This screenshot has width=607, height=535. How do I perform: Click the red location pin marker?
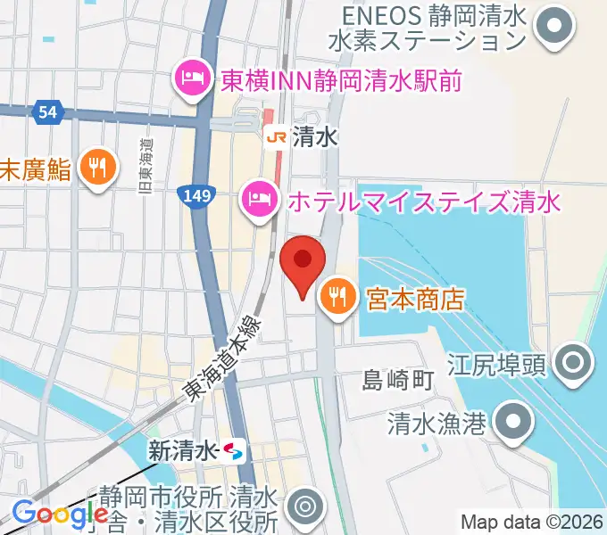[302, 259]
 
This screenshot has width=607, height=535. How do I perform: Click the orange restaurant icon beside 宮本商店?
[337, 297]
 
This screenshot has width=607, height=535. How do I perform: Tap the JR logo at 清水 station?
[276, 136]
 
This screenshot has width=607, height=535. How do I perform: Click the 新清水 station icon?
[234, 451]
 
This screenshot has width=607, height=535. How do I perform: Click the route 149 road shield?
[192, 193]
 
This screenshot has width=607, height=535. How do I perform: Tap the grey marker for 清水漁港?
[511, 423]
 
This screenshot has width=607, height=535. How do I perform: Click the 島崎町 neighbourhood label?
[398, 382]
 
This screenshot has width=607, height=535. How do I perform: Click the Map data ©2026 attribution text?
[530, 523]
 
